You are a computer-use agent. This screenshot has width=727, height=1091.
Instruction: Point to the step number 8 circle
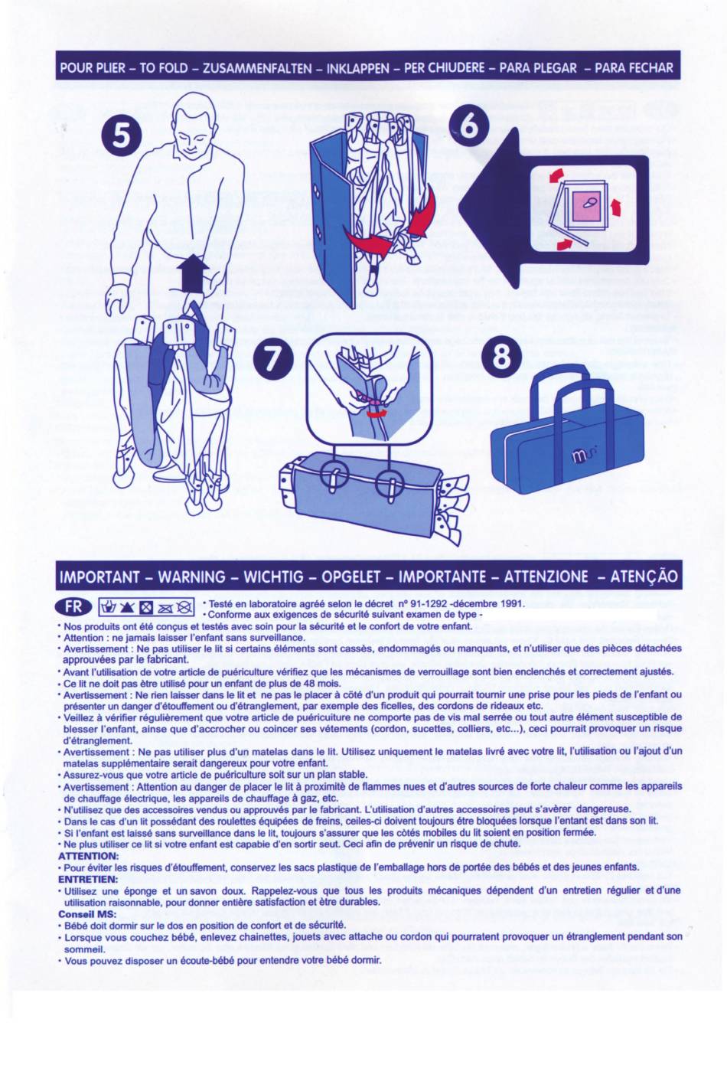coord(501,357)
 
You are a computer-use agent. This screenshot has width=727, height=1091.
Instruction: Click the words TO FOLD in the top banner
coord(164,67)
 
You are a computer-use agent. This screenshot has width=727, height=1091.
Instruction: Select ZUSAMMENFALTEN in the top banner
coord(257,67)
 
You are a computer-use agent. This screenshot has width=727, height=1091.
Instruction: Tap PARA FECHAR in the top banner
coord(634,67)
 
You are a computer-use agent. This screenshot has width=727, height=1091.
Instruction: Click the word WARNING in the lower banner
coord(192,577)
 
